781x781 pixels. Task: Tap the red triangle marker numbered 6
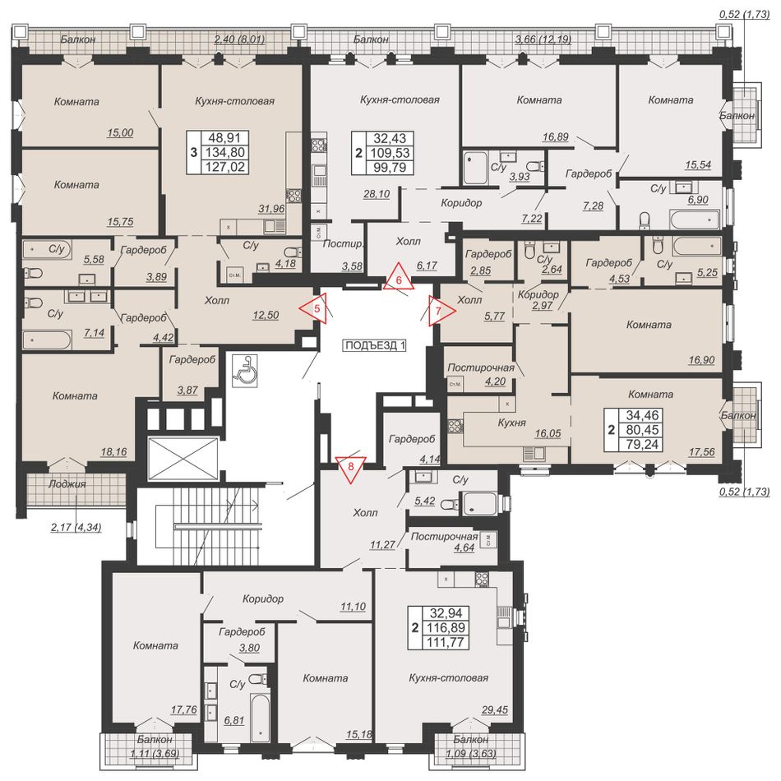click(x=399, y=278)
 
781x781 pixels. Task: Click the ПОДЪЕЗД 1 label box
click(x=376, y=345)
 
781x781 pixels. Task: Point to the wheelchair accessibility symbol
click(x=244, y=370)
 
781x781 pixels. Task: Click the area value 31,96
click(x=271, y=209)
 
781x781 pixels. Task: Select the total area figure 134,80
click(x=225, y=152)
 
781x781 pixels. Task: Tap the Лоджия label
click(x=67, y=483)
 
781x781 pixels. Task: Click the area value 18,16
click(x=113, y=452)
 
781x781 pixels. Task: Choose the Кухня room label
click(x=511, y=423)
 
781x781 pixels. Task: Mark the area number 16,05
click(x=548, y=433)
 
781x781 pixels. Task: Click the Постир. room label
click(x=343, y=244)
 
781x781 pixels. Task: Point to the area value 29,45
click(x=495, y=709)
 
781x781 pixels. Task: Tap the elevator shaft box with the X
click(x=183, y=459)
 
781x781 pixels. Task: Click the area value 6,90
click(x=697, y=200)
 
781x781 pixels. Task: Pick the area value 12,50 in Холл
click(x=266, y=315)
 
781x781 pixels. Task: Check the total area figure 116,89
click(x=446, y=627)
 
